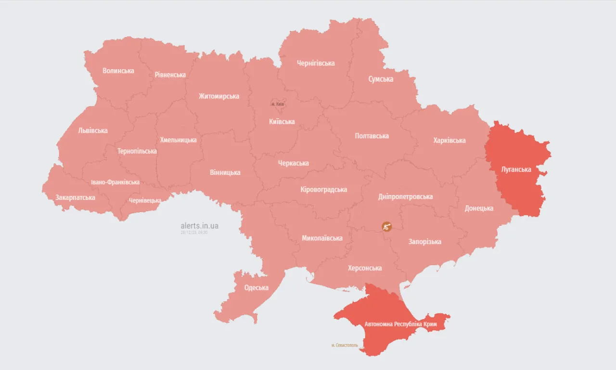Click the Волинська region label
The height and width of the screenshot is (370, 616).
118,71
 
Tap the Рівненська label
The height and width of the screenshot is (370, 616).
170,74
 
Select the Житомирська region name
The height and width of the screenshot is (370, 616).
219,96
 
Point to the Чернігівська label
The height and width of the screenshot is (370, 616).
316,63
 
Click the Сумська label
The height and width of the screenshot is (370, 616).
381,79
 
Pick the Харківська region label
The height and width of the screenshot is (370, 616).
449,140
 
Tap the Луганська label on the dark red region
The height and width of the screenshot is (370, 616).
516,170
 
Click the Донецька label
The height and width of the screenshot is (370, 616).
479,208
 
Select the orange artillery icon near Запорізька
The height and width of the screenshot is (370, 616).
386,226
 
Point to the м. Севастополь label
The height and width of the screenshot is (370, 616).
345,345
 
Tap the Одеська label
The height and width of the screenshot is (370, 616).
256,287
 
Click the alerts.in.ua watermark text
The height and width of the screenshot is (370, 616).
199,225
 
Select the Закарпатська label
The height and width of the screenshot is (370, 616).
75,197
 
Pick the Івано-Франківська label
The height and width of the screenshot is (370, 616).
115,182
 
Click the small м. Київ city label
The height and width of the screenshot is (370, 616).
278,104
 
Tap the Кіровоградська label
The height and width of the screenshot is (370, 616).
323,189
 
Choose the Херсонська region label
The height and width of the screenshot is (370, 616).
365,268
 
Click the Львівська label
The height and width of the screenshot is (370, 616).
93,130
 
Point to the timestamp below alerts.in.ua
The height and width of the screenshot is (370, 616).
194,232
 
